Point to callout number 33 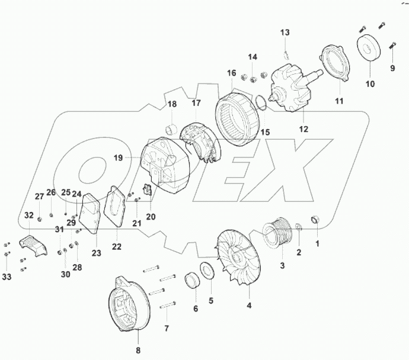tap(6, 276)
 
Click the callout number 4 tap(249, 306)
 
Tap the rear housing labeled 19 tap(168, 166)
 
